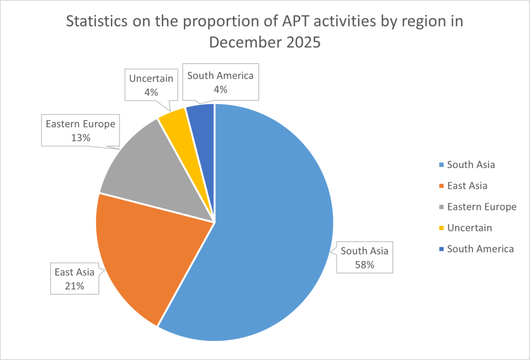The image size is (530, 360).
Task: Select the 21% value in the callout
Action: [x=75, y=286]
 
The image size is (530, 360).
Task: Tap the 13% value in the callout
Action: [x=81, y=138]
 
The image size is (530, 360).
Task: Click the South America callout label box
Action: [x=220, y=82]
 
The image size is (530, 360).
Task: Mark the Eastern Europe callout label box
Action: [x=81, y=131]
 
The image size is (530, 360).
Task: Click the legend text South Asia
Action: [x=470, y=165]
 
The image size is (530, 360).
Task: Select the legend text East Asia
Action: [x=467, y=186]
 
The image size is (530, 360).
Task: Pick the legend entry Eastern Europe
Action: [x=481, y=207]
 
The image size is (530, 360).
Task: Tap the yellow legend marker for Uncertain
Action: [x=440, y=228]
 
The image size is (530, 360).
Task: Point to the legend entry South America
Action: [x=480, y=249]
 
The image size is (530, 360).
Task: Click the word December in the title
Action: [x=240, y=42]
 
